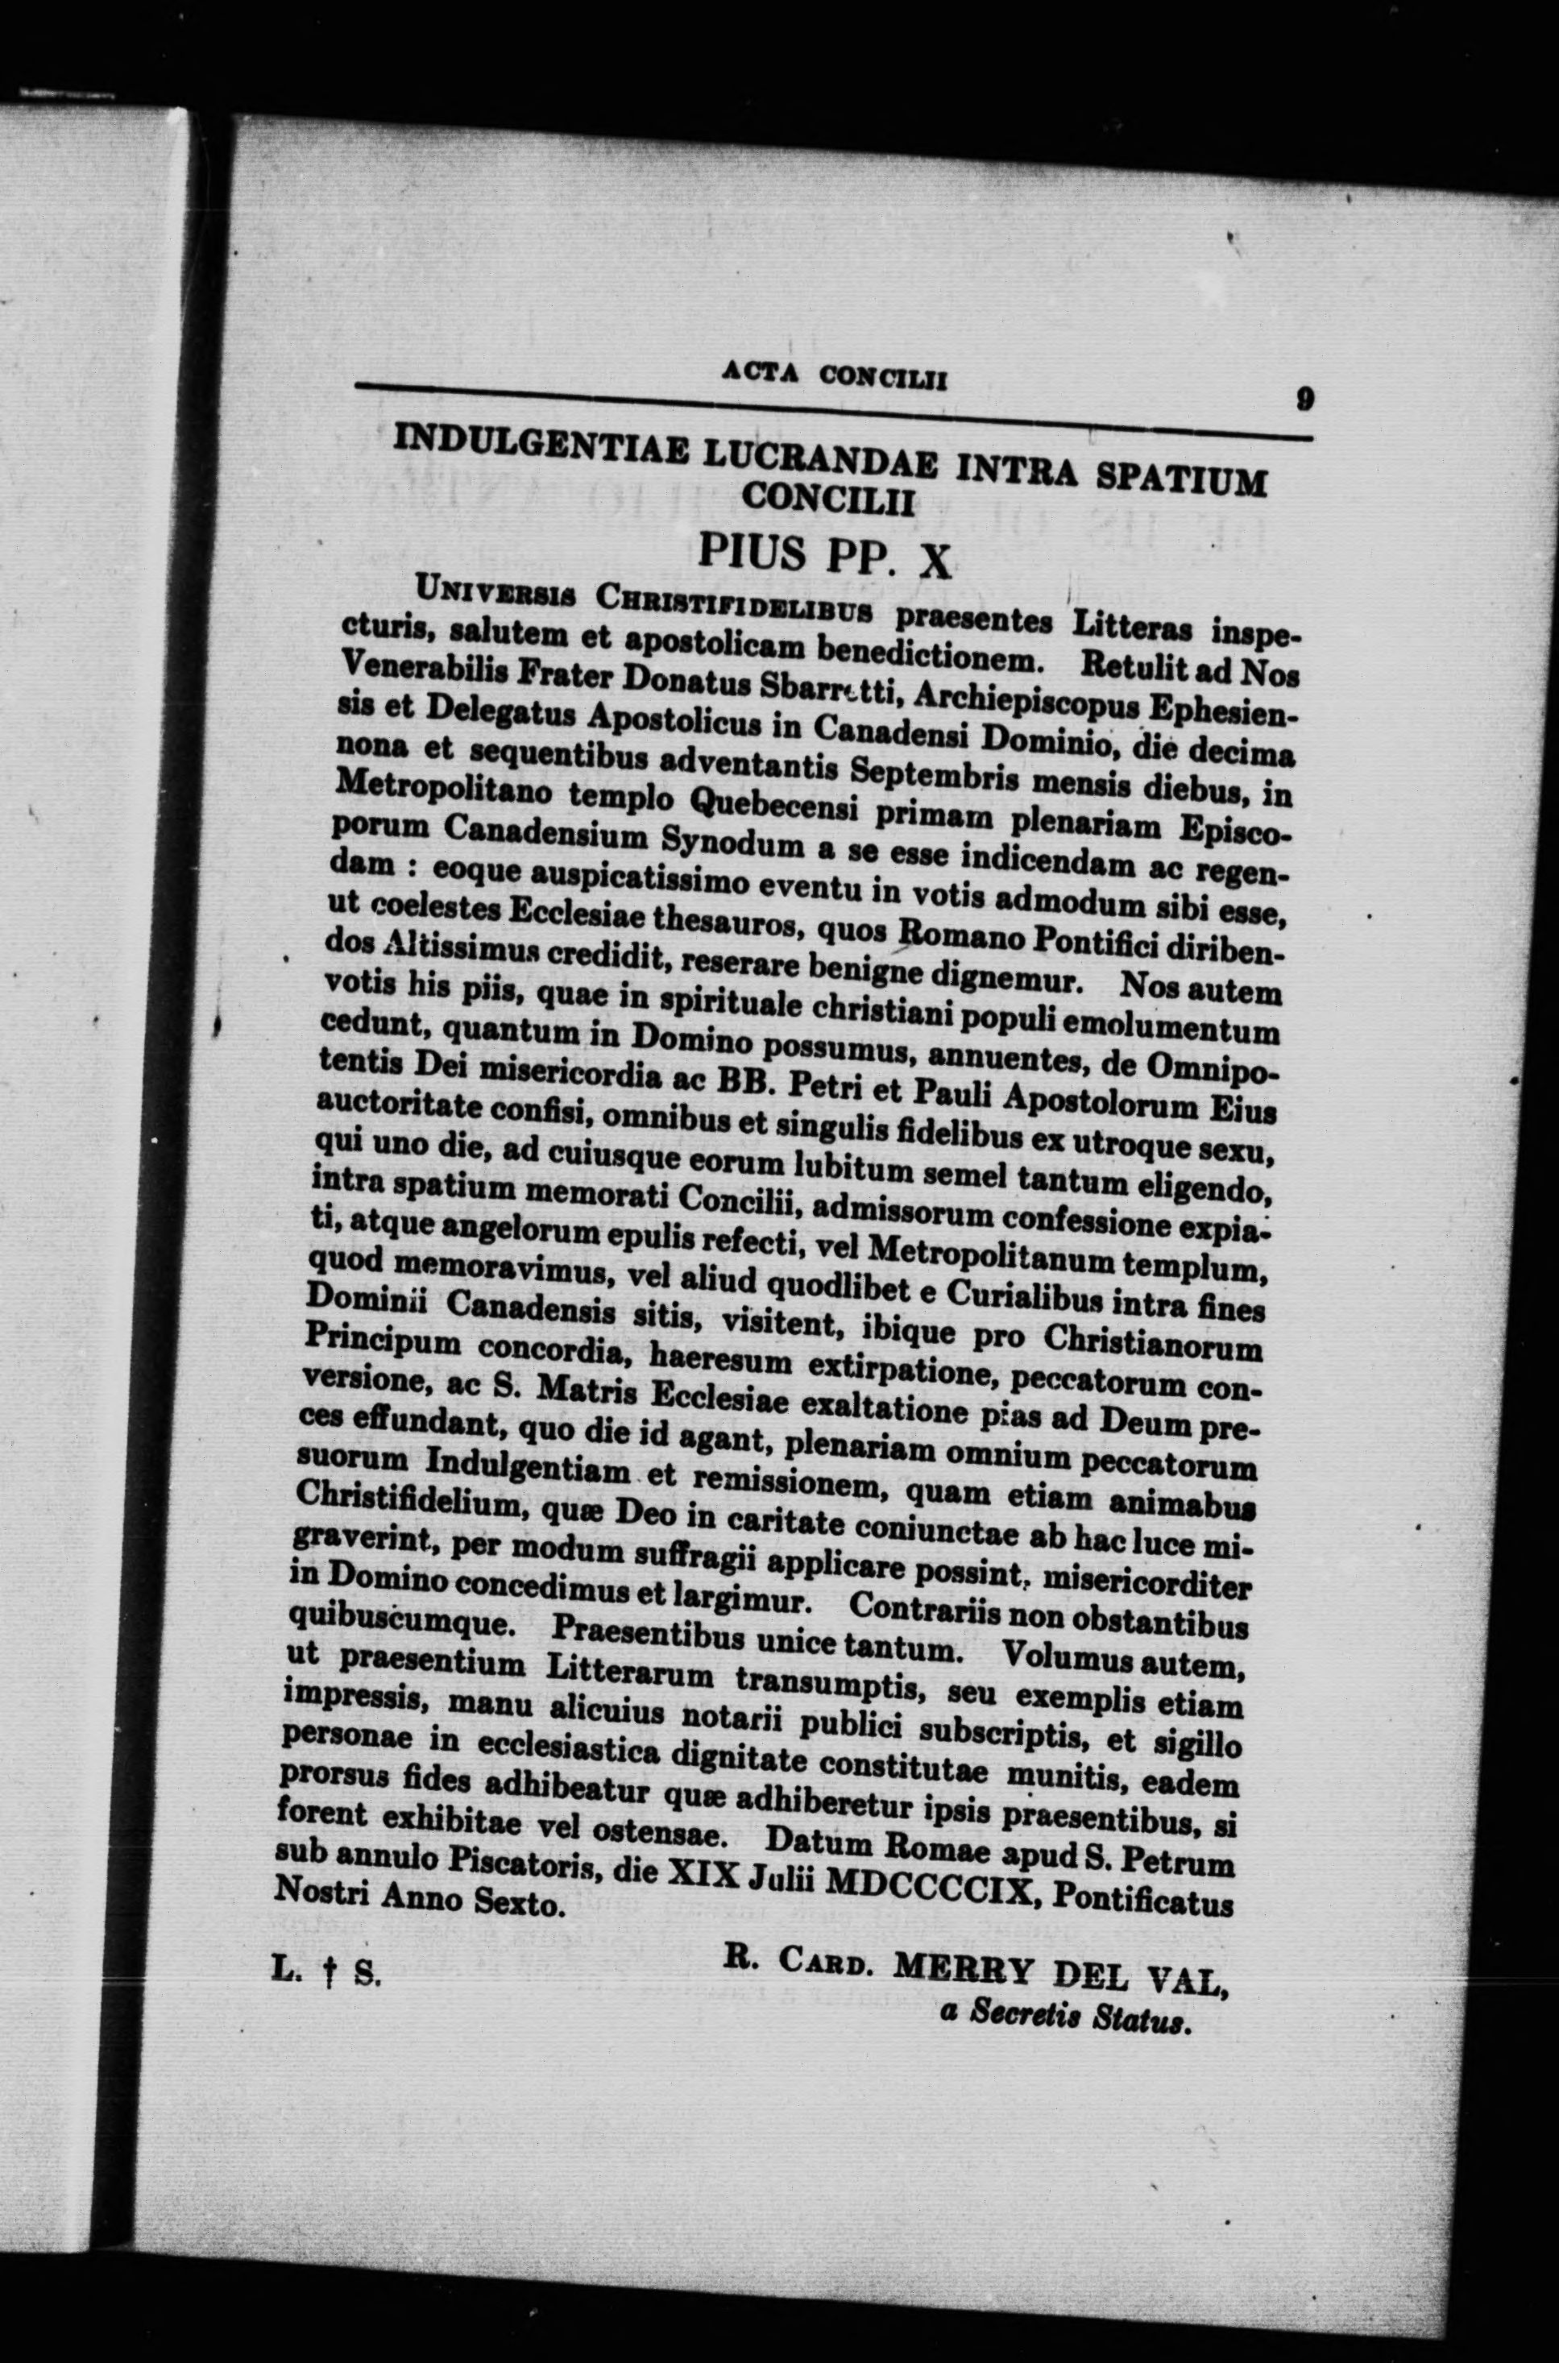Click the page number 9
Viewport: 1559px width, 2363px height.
(x=1305, y=400)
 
